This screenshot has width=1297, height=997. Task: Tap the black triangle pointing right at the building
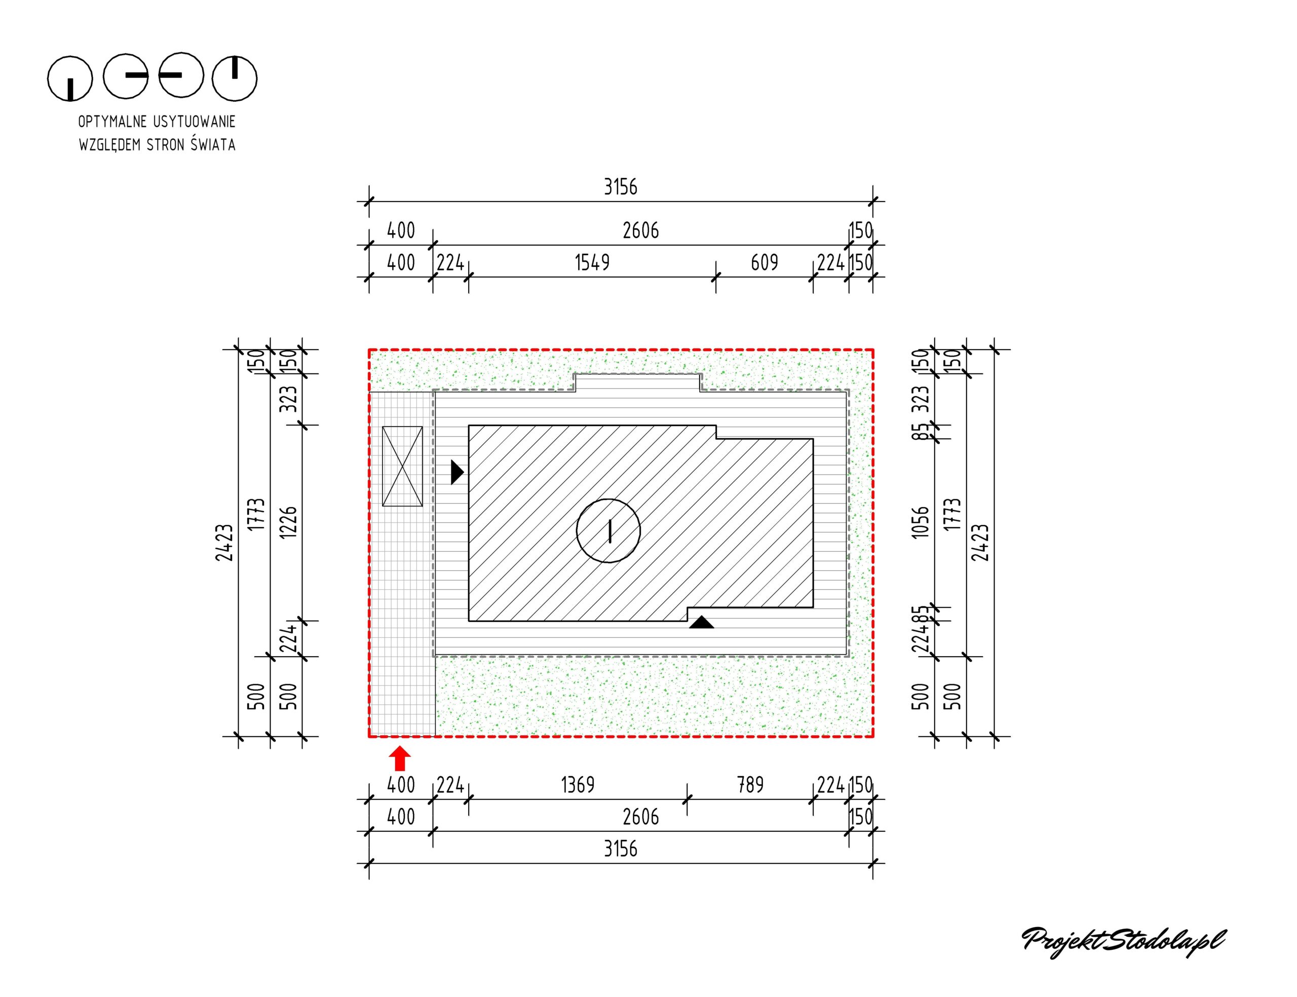(x=456, y=472)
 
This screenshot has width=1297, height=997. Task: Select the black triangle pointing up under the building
(x=701, y=622)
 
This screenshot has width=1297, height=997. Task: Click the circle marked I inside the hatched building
(x=608, y=530)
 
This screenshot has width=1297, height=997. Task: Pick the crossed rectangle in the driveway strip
(x=402, y=467)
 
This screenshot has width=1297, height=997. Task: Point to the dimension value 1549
(x=592, y=262)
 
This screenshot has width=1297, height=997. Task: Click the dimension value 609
(x=764, y=262)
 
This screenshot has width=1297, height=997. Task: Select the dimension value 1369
(x=577, y=785)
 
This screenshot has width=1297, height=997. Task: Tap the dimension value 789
(x=750, y=785)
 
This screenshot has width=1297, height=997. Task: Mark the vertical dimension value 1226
(x=288, y=522)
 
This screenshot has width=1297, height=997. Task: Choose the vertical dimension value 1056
(x=920, y=522)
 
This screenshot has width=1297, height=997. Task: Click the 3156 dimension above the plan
(x=620, y=187)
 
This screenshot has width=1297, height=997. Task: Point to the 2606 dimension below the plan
(x=640, y=817)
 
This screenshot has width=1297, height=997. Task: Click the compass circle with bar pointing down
(x=70, y=79)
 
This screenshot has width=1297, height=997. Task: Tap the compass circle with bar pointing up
(x=235, y=79)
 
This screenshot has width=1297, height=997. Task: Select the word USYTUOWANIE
(x=194, y=122)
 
